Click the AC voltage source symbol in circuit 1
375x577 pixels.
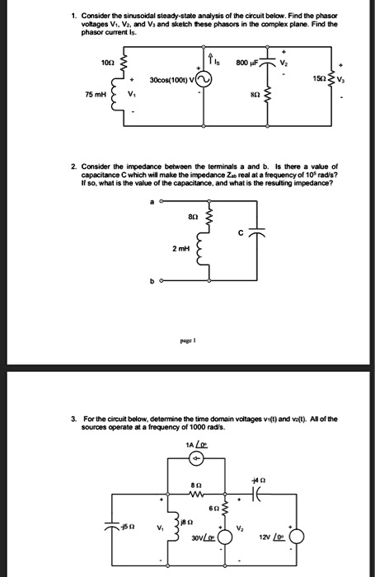click(x=203, y=79)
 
